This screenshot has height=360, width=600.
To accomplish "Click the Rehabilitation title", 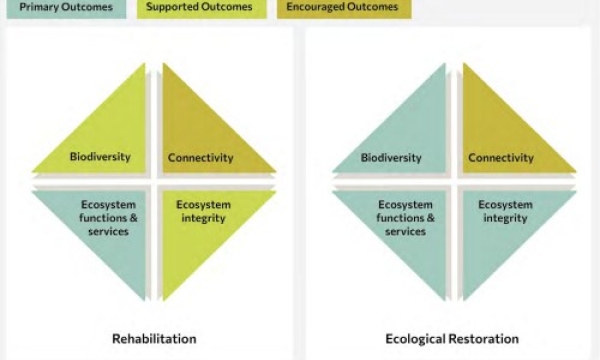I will point(153,338).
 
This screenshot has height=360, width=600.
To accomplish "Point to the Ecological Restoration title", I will point(452,338).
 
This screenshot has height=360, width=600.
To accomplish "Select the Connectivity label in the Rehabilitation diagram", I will point(200,158).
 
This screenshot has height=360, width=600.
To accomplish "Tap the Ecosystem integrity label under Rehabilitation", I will point(203,211).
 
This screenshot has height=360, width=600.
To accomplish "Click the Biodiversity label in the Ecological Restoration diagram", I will point(391,158).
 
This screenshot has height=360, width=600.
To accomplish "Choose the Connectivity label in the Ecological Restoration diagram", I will point(500,158).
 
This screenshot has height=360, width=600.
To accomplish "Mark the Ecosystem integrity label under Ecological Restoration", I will point(505,211).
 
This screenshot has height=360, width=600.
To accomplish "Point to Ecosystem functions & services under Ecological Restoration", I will point(405,218).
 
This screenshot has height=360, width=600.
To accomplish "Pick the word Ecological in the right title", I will point(415,338).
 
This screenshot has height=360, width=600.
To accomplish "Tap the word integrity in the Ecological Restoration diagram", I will point(505,218).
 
